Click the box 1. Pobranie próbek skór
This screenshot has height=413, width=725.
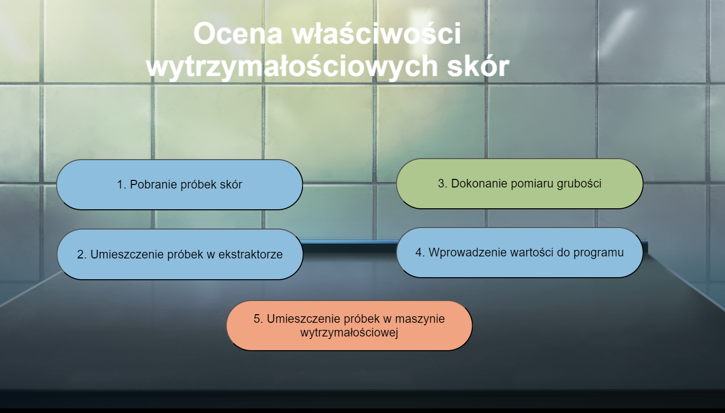tap(179, 184)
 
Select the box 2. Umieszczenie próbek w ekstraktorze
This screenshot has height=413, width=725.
tap(180, 254)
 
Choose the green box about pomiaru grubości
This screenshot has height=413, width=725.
tap(519, 183)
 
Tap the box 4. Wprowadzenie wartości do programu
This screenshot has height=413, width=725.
tap(519, 252)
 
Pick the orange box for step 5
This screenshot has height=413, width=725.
tap(349, 325)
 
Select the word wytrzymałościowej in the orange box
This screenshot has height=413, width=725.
tap(349, 333)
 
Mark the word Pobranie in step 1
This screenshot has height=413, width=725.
tap(153, 184)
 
